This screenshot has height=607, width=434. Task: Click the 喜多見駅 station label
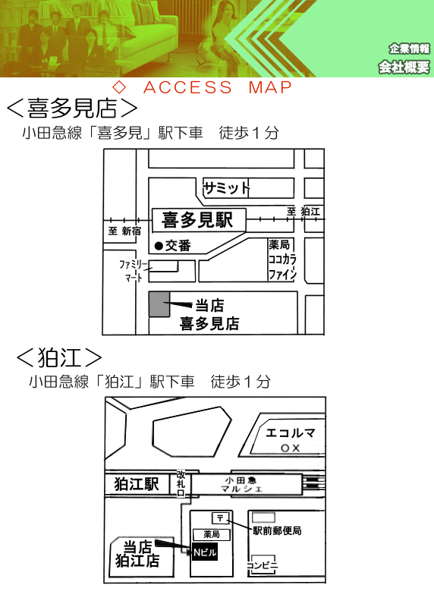tap(197, 220)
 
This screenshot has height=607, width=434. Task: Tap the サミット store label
tap(227, 188)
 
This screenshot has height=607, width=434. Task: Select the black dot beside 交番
tap(159, 245)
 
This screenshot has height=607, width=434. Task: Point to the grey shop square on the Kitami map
tap(159, 304)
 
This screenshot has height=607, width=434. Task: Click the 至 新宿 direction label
tap(124, 231)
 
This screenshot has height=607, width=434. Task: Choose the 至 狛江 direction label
tap(303, 212)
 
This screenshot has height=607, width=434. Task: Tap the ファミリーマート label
tap(134, 271)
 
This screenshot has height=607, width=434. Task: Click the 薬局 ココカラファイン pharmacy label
tap(282, 259)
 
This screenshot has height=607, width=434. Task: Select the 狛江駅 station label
tap(137, 484)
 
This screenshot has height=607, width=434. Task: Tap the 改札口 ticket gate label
tap(181, 483)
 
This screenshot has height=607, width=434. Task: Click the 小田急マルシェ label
tap(241, 485)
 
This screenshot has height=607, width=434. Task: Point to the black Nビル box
tap(205, 552)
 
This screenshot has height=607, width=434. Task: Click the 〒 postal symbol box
tap(221, 518)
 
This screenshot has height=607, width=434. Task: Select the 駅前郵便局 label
tap(277, 530)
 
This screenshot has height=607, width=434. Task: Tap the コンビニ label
tap(262, 565)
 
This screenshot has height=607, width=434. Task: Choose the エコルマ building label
tap(291, 432)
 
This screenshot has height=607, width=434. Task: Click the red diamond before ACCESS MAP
tap(119, 87)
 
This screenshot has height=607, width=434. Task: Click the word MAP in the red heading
tap(270, 87)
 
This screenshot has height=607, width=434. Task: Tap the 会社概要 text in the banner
tap(404, 68)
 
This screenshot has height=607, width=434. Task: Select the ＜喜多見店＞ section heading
tap(72, 108)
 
